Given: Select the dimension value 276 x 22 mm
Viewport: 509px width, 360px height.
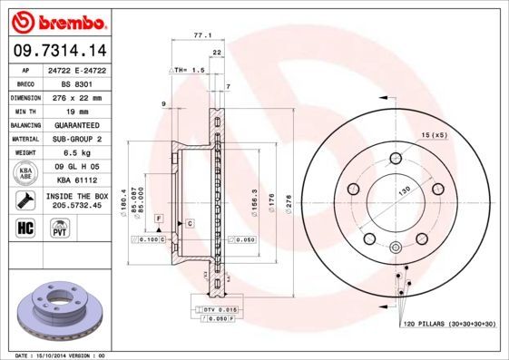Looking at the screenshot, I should (x=76, y=96).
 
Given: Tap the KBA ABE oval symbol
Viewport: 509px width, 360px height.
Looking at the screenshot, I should (x=25, y=173).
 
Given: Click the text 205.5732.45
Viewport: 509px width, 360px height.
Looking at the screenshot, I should (x=76, y=204).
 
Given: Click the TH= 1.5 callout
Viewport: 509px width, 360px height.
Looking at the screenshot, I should (x=186, y=69).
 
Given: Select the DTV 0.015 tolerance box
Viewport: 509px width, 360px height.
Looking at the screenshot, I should (x=215, y=310).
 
